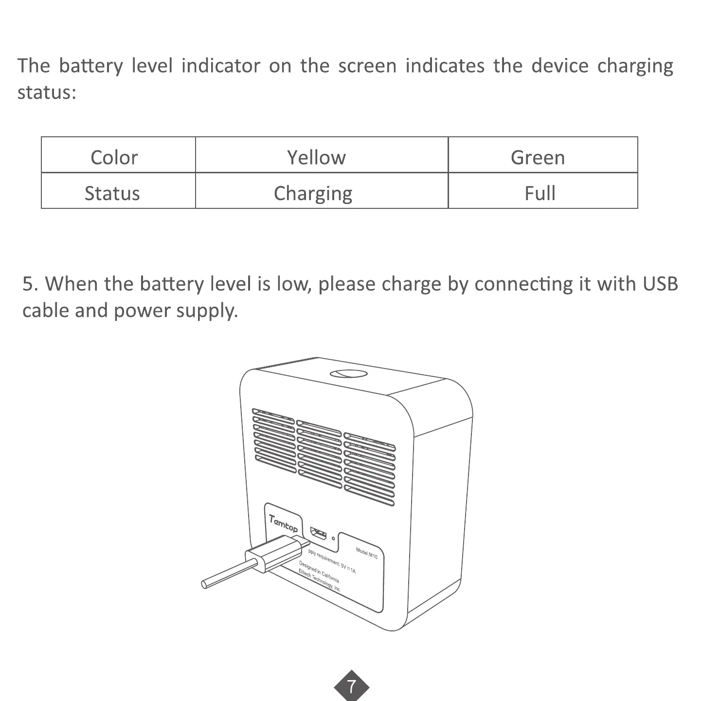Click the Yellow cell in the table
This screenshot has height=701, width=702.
tap(316, 157)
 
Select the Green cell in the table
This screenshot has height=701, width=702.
tap(538, 157)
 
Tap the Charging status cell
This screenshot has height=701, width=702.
tap(313, 193)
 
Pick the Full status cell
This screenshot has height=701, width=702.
tap(540, 193)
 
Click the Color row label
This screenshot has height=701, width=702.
tap(114, 157)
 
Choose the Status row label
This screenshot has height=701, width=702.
tap(112, 193)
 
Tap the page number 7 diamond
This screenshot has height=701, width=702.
tap(351, 686)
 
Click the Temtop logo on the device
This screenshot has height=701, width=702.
tap(284, 523)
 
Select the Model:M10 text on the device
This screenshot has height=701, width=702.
tap(367, 553)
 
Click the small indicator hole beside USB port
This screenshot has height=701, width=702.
tap(333, 538)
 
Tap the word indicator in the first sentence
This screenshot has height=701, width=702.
tap(220, 66)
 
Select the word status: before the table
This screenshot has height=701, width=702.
tap(47, 92)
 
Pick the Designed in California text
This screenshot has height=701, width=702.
tap(319, 572)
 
